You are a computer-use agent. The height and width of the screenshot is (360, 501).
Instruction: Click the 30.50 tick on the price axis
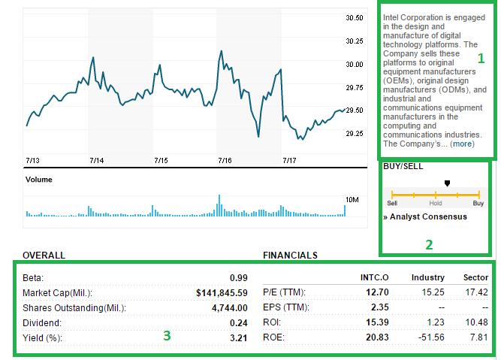pyautogui.click(x=355, y=18)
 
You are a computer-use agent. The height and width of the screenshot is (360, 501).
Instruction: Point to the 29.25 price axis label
pyautogui.click(x=355, y=133)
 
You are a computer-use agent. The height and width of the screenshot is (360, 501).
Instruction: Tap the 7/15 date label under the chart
pyautogui.click(x=161, y=160)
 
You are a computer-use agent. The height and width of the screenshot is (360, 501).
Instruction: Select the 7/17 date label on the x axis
pyautogui.click(x=289, y=160)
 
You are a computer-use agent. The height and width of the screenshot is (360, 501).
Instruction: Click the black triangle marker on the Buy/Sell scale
pyautogui.click(x=447, y=183)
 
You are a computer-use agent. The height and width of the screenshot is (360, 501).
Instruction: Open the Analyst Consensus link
pyautogui.click(x=427, y=216)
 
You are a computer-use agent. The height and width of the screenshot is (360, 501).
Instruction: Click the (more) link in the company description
pyautogui.click(x=462, y=144)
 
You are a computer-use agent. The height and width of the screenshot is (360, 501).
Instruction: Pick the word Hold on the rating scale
pyautogui.click(x=436, y=203)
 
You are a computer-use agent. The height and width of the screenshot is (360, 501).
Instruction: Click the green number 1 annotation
pyautogui.click(x=481, y=56)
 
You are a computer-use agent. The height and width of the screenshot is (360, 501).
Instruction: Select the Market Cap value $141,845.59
pyautogui.click(x=222, y=292)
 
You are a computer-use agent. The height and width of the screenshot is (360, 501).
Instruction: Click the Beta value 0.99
pyautogui.click(x=239, y=277)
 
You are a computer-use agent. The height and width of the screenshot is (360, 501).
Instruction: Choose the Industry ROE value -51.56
pyautogui.click(x=431, y=338)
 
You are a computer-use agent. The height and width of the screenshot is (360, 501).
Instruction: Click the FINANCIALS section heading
pyautogui.click(x=290, y=255)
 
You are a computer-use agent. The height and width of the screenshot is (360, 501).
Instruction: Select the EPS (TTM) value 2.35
pyautogui.click(x=380, y=307)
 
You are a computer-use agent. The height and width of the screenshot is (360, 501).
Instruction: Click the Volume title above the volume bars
pyautogui.click(x=39, y=180)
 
